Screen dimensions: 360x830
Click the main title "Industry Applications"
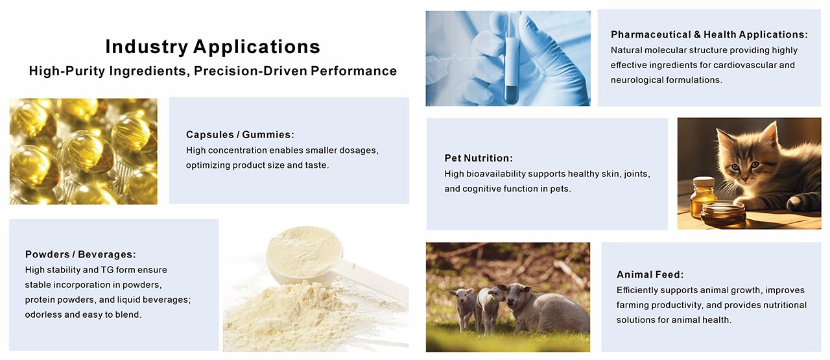click(213, 47)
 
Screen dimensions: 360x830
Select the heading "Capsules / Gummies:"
click(240, 135)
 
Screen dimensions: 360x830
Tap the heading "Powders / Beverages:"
click(80, 255)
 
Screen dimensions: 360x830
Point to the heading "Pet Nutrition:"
click(479, 158)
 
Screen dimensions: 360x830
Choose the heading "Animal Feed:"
click(650, 275)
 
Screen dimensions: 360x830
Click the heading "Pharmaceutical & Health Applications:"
click(709, 35)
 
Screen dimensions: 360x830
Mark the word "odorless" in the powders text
click(43, 315)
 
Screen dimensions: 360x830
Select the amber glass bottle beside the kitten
click(703, 197)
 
